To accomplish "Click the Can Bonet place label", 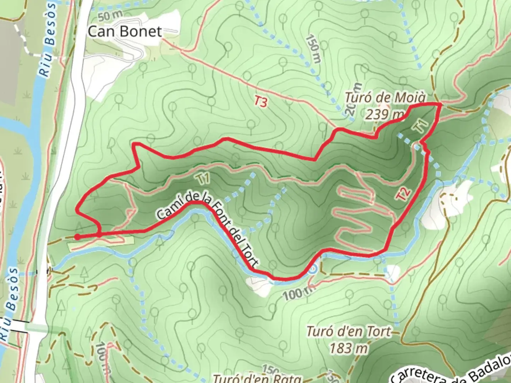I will (125, 31).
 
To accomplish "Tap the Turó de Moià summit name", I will (385, 98).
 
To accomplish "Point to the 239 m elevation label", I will (385, 114).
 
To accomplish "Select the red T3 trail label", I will (260, 102).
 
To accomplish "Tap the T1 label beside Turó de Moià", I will (421, 127).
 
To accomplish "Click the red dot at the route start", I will (77, 237).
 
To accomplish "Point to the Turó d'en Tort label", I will (348, 332).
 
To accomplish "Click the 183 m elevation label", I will (348, 349).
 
